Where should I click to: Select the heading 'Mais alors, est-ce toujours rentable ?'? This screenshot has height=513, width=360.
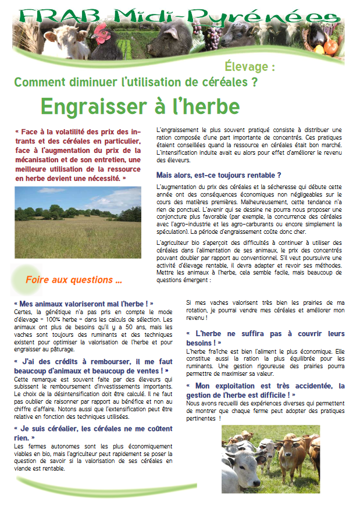[x=219, y=175]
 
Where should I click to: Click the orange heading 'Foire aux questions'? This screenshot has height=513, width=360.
[x=73, y=280]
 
